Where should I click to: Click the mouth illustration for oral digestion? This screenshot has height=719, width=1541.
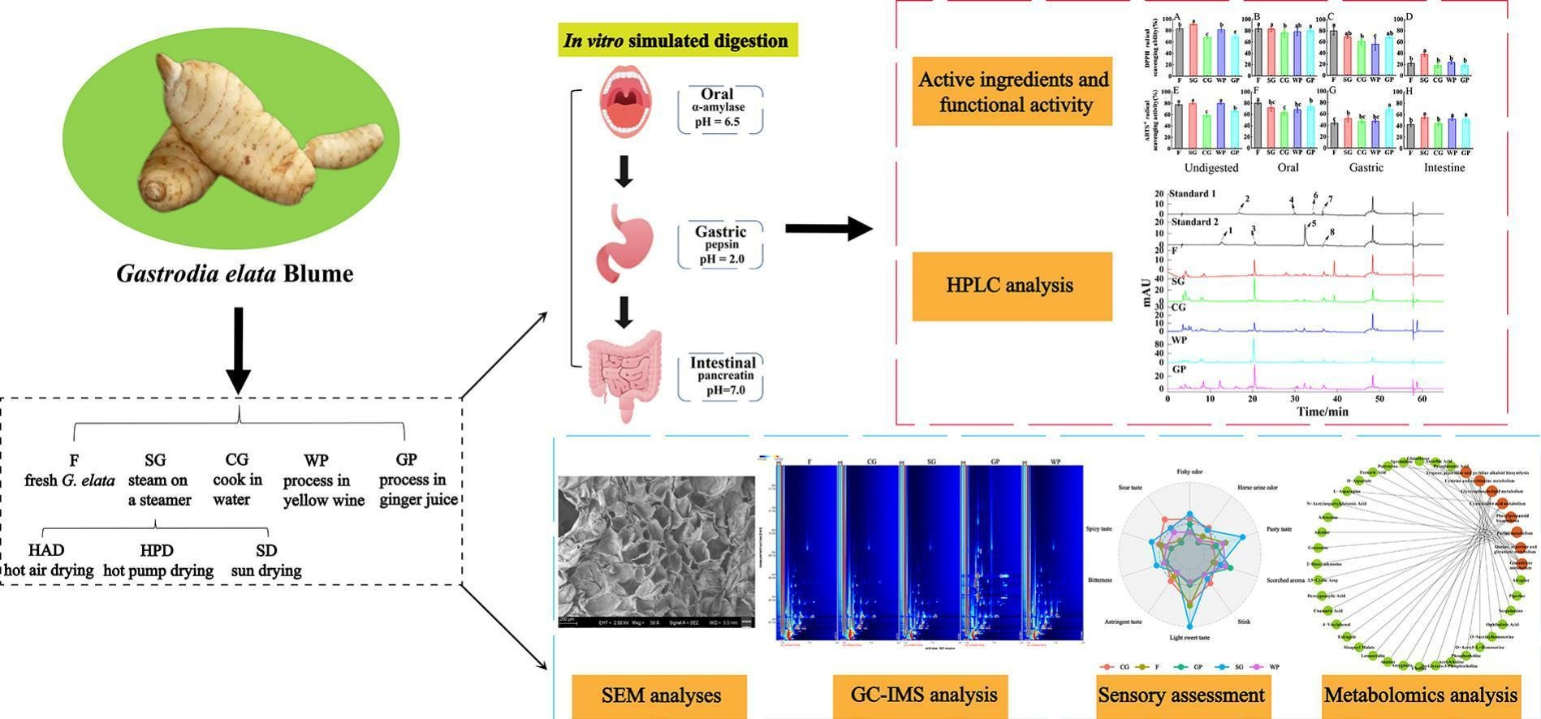tap(624, 103)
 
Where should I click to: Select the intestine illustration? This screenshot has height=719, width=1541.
tap(624, 375)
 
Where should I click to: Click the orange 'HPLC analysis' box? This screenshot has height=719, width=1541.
tap(1012, 286)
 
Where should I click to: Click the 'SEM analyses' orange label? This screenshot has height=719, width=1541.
tap(659, 695)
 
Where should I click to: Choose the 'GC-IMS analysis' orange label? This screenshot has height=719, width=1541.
tap(923, 695)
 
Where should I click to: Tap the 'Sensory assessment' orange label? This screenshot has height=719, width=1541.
tap(1181, 695)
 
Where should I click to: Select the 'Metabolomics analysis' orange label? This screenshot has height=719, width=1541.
tap(1420, 695)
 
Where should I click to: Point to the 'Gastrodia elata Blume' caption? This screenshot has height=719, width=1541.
tap(235, 273)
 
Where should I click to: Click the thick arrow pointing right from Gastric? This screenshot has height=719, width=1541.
tap(828, 229)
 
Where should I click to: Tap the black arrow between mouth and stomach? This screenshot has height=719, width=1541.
tap(624, 171)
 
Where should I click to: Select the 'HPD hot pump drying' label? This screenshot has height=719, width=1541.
tap(158, 561)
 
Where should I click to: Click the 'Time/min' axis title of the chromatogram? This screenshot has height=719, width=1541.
tap(1322, 411)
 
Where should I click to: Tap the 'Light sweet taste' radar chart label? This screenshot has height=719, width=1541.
tap(1189, 638)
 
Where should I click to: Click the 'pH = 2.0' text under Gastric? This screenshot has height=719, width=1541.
tap(721, 260)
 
